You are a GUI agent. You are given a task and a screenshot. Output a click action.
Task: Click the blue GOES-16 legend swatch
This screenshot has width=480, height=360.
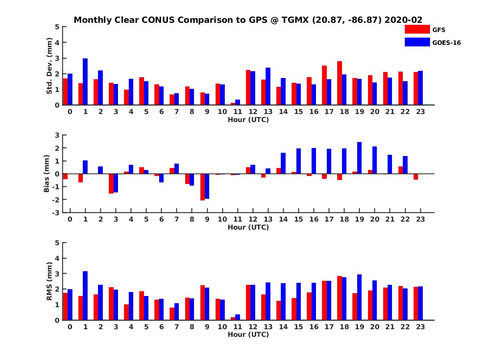417,42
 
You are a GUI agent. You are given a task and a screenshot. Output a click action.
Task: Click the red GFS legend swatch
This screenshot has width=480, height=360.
417,29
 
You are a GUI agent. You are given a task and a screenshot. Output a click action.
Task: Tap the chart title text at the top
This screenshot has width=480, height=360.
248,20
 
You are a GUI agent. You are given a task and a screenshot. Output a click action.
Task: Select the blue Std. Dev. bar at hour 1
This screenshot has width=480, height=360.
85,82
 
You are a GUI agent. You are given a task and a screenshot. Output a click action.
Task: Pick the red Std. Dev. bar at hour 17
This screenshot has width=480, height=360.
324,85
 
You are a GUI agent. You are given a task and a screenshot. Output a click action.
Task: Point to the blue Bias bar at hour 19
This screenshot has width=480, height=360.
359,158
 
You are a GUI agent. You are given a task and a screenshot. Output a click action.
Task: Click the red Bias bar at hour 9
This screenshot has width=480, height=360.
202,187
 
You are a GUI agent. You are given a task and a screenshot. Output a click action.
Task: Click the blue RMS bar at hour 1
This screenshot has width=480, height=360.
85,296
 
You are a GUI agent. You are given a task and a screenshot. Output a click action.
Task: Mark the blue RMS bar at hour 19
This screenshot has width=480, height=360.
359,297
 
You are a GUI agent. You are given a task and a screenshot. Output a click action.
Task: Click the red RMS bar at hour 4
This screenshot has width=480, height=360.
126,312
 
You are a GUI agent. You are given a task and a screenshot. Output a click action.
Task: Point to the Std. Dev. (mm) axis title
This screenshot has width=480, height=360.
50,66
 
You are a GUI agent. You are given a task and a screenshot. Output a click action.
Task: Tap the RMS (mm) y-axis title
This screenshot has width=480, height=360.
50,281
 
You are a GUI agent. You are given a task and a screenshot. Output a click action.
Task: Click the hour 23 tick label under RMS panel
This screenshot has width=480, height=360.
420,327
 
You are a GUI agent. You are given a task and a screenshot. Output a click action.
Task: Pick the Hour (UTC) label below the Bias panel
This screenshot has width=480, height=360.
248,227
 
